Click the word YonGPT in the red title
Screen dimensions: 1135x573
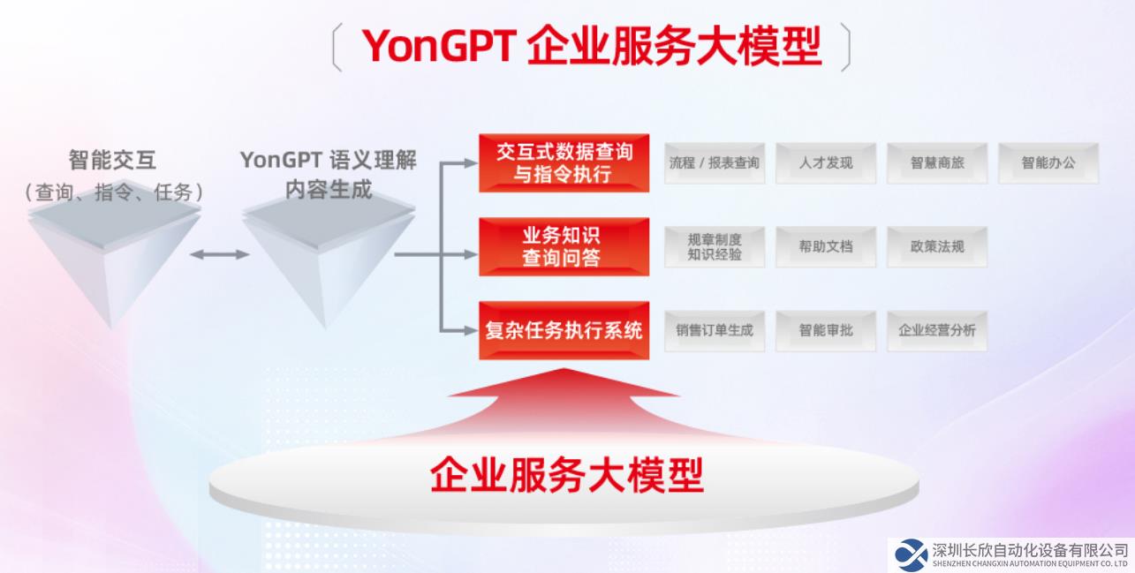(x=439, y=46)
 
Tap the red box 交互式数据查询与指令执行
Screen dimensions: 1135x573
(x=564, y=162)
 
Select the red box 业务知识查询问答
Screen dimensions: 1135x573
(x=564, y=246)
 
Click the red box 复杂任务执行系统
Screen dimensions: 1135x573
(x=564, y=330)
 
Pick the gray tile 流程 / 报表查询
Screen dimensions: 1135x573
(x=715, y=163)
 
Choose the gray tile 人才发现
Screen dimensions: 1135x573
(x=826, y=163)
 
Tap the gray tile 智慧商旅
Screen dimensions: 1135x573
(x=937, y=163)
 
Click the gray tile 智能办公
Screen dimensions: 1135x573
(x=1048, y=163)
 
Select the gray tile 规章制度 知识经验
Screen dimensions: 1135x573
(x=715, y=246)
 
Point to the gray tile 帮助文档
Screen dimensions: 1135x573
(x=826, y=246)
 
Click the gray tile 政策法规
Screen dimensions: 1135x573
(x=937, y=246)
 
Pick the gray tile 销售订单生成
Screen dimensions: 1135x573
(x=715, y=331)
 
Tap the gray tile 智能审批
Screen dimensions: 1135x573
(x=826, y=331)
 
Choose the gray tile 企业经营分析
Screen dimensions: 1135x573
(x=937, y=331)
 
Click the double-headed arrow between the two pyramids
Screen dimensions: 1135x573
(x=220, y=254)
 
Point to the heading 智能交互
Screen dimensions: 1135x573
(x=112, y=160)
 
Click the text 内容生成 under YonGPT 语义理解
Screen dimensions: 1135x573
(x=329, y=190)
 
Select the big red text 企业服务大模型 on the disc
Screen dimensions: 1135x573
(x=566, y=475)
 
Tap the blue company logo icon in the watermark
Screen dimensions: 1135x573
(x=911, y=555)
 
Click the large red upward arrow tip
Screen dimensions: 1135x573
(x=564, y=369)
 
